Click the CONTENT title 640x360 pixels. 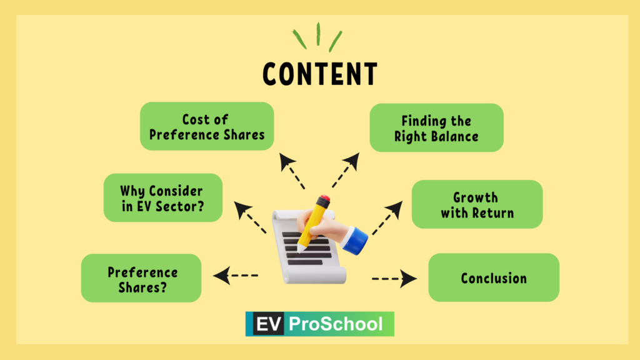pos(320,74)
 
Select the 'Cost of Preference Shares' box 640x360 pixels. pos(207,126)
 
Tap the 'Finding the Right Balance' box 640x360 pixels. pos(436,127)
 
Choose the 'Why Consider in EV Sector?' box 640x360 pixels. pos(163,197)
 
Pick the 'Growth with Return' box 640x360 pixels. pos(477,204)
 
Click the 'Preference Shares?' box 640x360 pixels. pos(141,278)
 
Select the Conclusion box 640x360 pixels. pos(494,277)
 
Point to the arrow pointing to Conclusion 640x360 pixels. pos(394,279)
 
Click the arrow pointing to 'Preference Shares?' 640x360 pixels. pos(236,276)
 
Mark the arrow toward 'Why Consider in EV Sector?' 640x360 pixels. pos(250,217)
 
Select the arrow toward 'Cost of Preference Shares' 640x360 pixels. pos(292,171)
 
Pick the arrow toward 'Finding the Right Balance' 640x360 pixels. pos(346,170)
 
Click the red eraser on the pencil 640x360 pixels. pos(325,200)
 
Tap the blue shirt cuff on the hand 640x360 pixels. pos(355,241)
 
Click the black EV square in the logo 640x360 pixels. pos(268,324)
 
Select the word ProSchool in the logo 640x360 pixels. pos(336,324)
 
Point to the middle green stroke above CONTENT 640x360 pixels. pos(318,34)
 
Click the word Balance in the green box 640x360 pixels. pos(457,136)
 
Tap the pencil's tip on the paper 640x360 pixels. pos(300,249)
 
